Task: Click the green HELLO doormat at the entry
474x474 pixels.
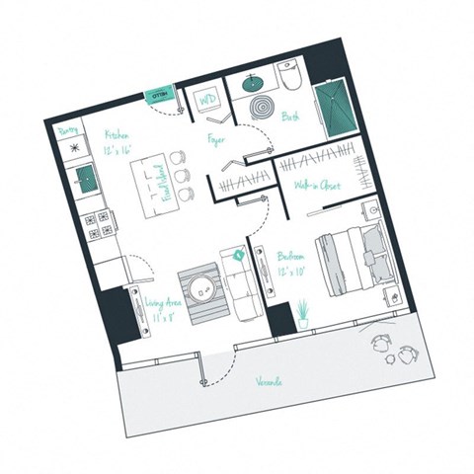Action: [x=159, y=96]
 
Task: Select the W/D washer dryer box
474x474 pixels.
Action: [x=208, y=101]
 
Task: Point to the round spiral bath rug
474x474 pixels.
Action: [x=266, y=107]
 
